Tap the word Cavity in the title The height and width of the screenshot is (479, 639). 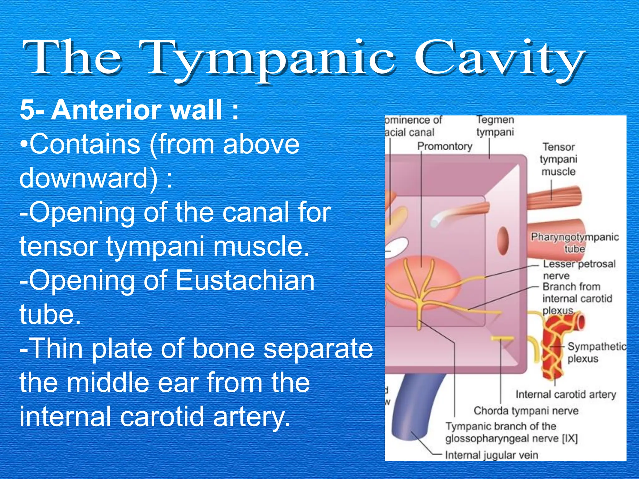pyautogui.click(x=499, y=59)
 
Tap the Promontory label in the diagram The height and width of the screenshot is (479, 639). pyautogui.click(x=445, y=146)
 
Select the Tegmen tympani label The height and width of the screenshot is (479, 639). pyautogui.click(x=495, y=126)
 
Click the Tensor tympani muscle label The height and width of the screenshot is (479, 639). pyautogui.click(x=559, y=159)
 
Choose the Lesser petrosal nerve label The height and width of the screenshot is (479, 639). pyautogui.click(x=579, y=270)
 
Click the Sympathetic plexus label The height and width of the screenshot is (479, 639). pyautogui.click(x=596, y=352)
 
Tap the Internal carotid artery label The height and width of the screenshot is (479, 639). pyautogui.click(x=566, y=394)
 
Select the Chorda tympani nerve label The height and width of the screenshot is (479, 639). pyautogui.click(x=526, y=411)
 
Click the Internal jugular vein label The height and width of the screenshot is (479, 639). pyautogui.click(x=492, y=455)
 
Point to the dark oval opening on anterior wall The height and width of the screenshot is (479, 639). pyautogui.click(x=503, y=241)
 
